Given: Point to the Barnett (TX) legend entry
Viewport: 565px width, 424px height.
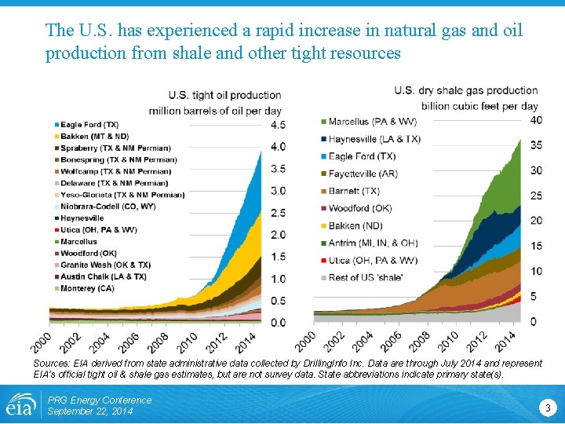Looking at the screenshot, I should pyautogui.click(x=354, y=191).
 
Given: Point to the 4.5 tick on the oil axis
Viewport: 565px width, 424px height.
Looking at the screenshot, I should pyautogui.click(x=278, y=125).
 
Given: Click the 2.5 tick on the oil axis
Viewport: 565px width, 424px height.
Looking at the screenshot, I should pyautogui.click(x=278, y=213).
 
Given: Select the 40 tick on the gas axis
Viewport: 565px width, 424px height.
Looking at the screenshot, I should pyautogui.click(x=536, y=120).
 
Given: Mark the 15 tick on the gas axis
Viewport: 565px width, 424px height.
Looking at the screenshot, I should pyautogui.click(x=536, y=246).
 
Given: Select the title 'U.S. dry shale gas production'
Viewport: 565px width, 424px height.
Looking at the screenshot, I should pyautogui.click(x=466, y=90).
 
